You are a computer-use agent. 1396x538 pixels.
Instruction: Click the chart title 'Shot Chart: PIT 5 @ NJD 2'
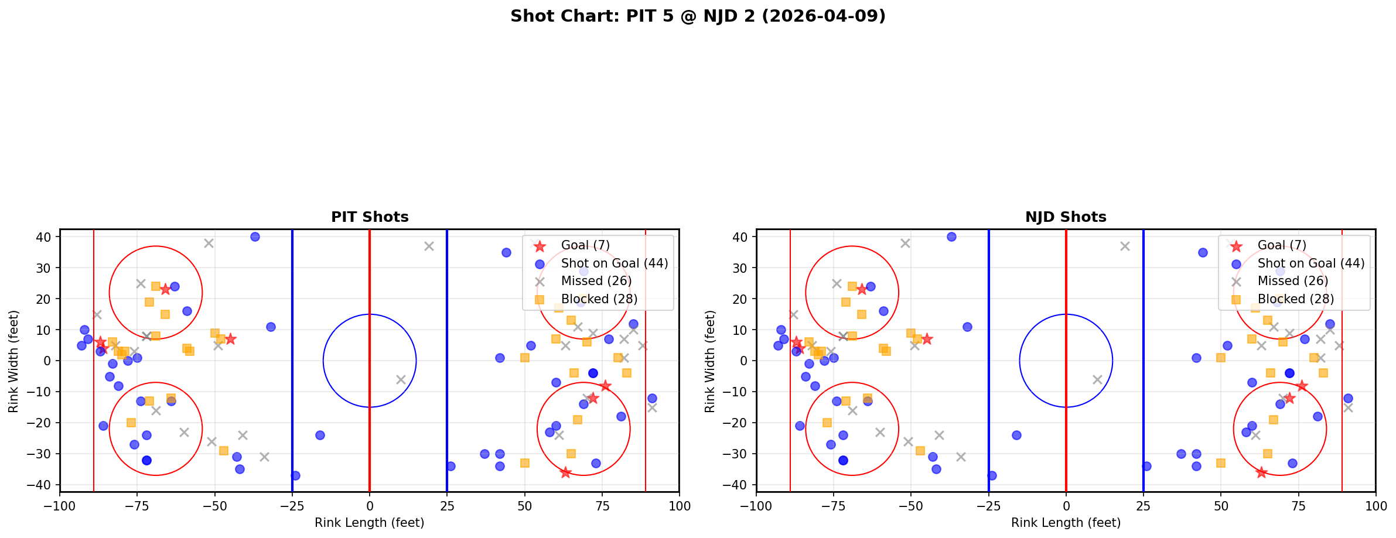(x=697, y=16)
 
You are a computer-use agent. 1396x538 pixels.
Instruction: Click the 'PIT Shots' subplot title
(x=370, y=217)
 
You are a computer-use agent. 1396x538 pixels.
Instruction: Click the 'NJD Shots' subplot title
(x=1066, y=217)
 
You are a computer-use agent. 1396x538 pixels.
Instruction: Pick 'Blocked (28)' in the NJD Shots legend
(x=1295, y=299)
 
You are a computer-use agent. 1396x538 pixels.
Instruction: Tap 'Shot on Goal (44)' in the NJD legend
(x=1310, y=263)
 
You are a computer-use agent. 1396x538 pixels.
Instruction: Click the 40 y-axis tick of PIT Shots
(x=45, y=237)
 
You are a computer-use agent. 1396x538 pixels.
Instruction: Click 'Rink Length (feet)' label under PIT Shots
(x=370, y=523)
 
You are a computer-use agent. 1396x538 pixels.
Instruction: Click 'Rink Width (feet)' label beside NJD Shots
(x=710, y=361)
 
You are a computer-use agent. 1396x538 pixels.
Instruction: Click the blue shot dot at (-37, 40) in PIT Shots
(x=255, y=237)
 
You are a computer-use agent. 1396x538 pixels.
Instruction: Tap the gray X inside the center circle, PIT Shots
(x=401, y=379)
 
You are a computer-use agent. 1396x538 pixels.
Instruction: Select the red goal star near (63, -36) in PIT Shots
(x=565, y=472)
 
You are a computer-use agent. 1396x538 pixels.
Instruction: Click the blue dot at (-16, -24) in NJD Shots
(x=1016, y=435)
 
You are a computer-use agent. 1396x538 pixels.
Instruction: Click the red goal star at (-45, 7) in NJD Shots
(x=927, y=339)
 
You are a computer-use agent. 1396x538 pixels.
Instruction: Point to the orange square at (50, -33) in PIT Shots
(x=524, y=463)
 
